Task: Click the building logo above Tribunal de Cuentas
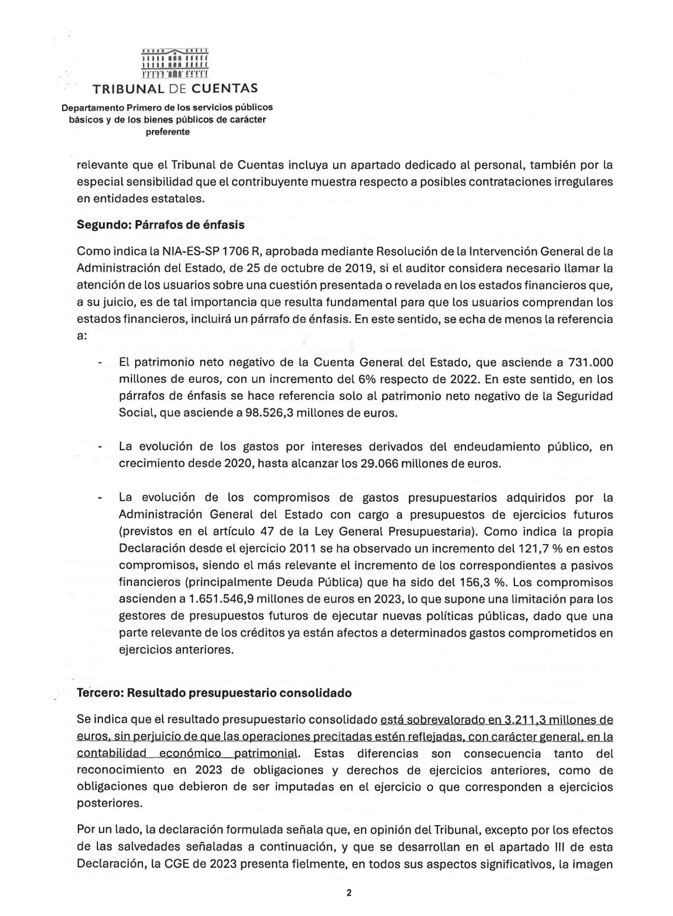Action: click(175, 63)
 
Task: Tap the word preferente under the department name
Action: click(168, 132)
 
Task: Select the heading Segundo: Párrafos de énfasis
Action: click(161, 225)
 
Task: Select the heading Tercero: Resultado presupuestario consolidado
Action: click(214, 693)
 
